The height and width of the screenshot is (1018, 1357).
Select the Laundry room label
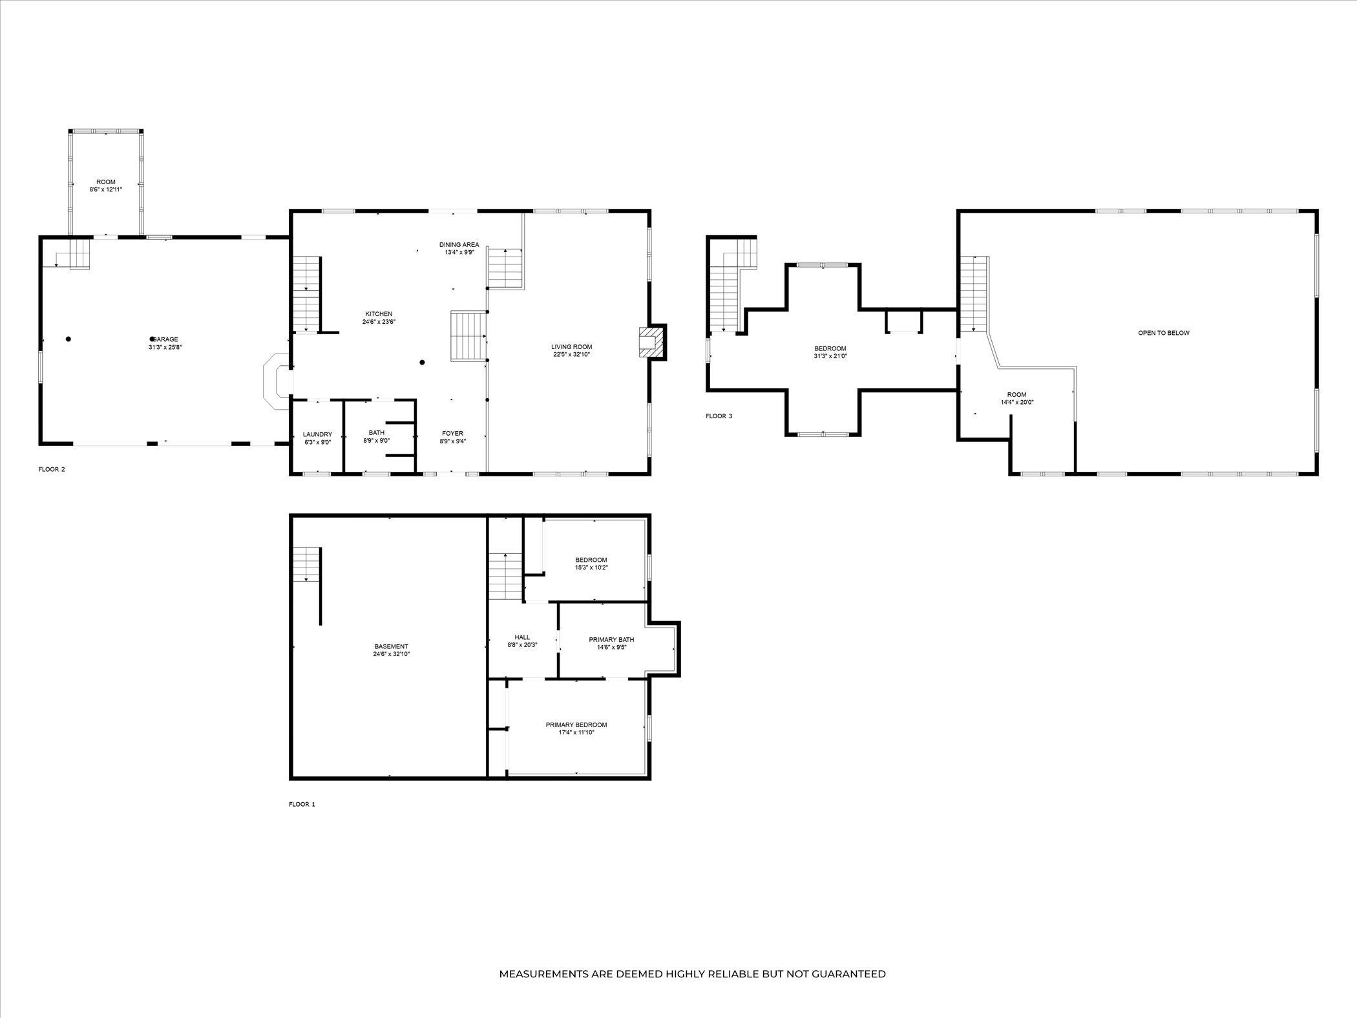point(317,434)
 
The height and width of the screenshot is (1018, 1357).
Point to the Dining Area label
point(459,244)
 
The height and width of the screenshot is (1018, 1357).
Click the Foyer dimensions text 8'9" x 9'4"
point(452,441)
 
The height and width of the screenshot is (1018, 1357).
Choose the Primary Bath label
point(611,640)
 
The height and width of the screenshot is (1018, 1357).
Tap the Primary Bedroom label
point(576,725)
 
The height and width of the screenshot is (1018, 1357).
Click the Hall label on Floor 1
point(522,637)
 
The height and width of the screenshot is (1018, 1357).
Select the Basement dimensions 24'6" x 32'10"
point(391,654)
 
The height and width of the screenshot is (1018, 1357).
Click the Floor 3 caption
point(719,416)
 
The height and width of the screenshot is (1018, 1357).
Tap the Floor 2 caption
point(52,469)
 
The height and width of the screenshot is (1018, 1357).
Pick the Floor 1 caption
point(302,804)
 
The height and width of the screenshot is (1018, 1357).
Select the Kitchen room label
point(379,314)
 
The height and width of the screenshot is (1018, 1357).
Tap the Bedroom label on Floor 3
point(830,348)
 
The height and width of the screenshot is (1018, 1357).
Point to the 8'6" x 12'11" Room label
point(106,186)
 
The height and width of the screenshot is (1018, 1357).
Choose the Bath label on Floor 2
point(377,432)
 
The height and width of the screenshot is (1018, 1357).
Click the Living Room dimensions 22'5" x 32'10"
point(571,354)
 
